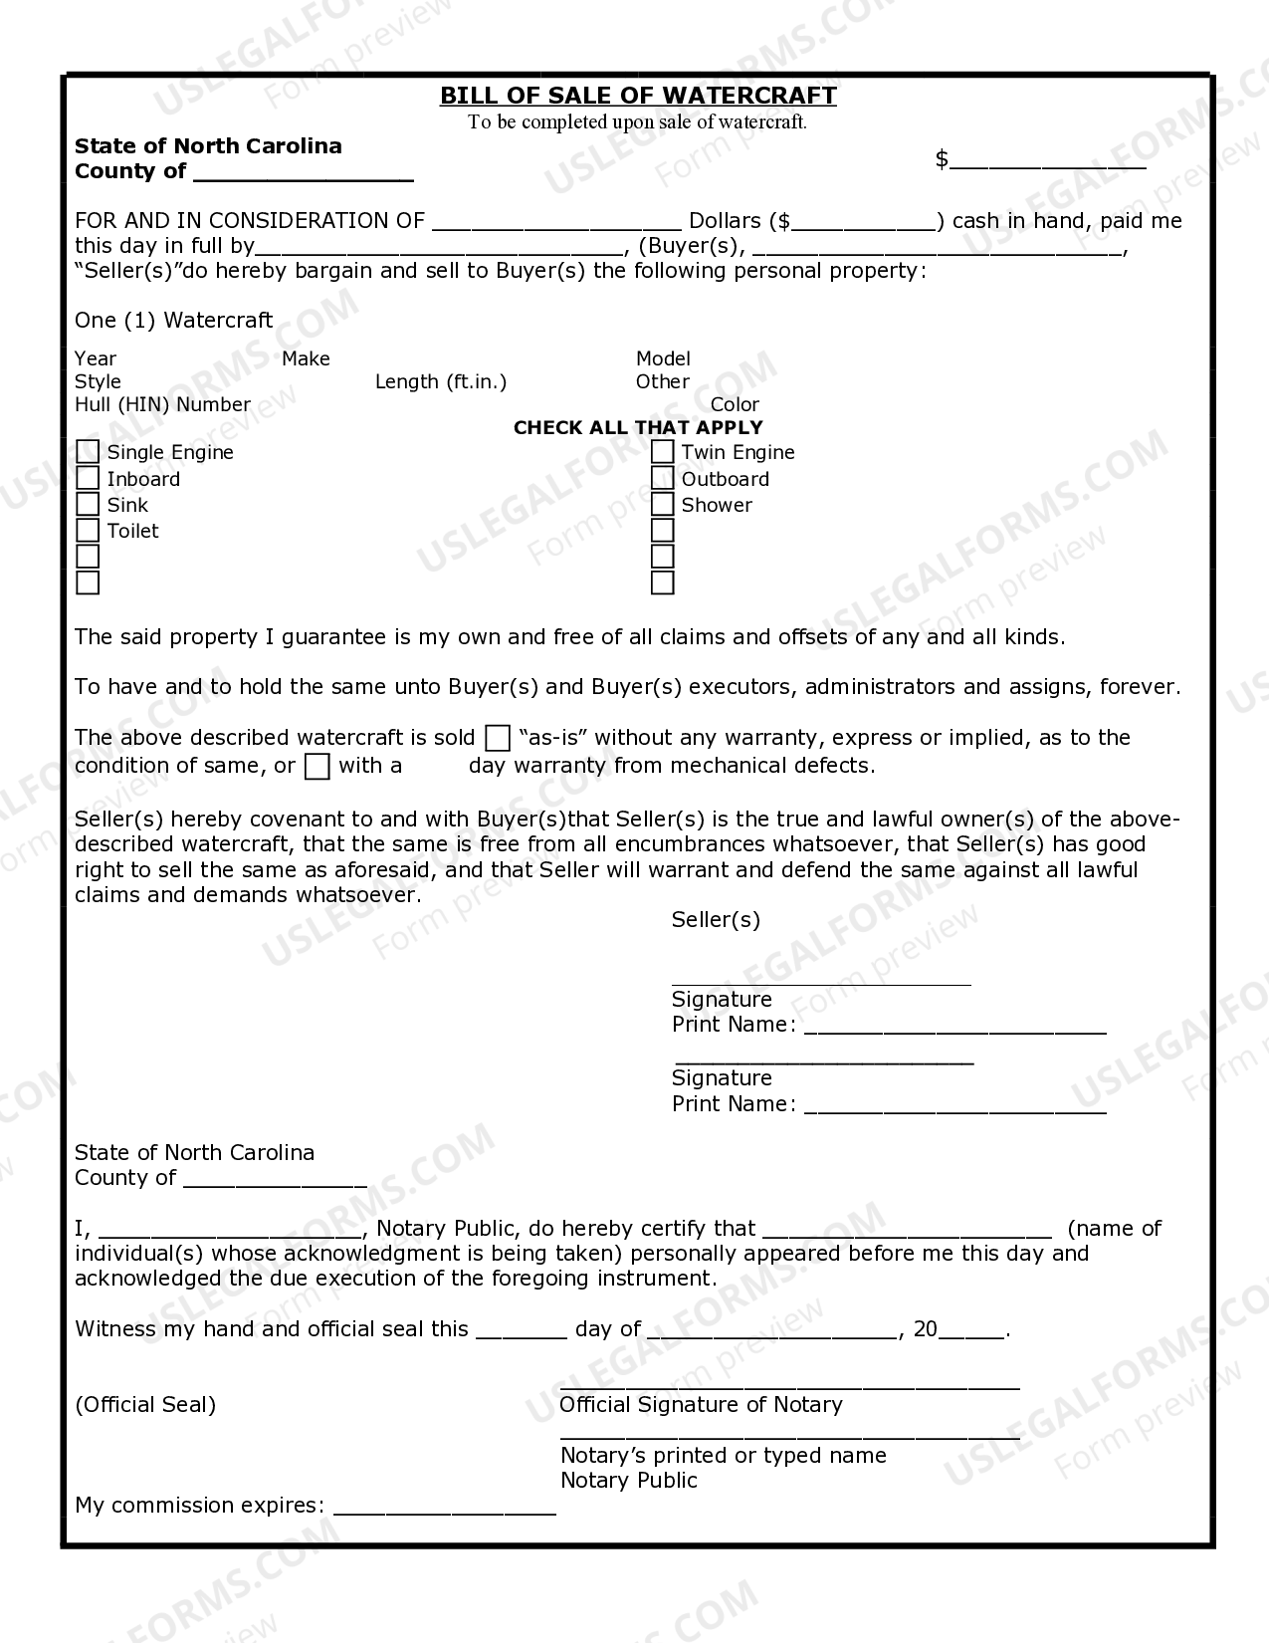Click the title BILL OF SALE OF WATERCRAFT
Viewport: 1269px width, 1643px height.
click(x=638, y=96)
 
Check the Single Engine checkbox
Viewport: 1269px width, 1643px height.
click(x=88, y=452)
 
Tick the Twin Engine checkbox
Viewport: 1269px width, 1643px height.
click(x=663, y=452)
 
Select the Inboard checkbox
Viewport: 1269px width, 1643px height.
click(x=88, y=479)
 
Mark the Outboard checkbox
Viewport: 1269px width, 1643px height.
click(x=663, y=479)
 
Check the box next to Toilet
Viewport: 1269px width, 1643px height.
click(x=88, y=531)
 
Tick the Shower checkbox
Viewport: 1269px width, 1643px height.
click(x=663, y=505)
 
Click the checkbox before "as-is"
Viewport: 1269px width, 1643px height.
click(x=498, y=739)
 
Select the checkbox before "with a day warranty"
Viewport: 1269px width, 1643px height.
click(x=317, y=766)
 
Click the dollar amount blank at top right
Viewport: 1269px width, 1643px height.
click(x=1047, y=161)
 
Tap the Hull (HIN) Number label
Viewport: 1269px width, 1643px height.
click(x=162, y=404)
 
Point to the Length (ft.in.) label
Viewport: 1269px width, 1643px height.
click(x=441, y=381)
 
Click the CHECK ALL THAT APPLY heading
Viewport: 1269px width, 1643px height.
click(x=638, y=427)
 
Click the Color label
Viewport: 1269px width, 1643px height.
click(x=735, y=404)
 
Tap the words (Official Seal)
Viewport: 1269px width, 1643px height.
click(x=145, y=1405)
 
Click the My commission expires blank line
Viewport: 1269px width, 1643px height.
click(x=444, y=1507)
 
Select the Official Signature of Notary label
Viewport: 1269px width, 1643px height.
click(x=701, y=1405)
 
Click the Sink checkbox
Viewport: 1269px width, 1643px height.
click(x=88, y=505)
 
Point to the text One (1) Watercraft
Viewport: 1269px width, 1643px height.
click(x=173, y=321)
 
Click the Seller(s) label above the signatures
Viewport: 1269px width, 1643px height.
click(x=716, y=920)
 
